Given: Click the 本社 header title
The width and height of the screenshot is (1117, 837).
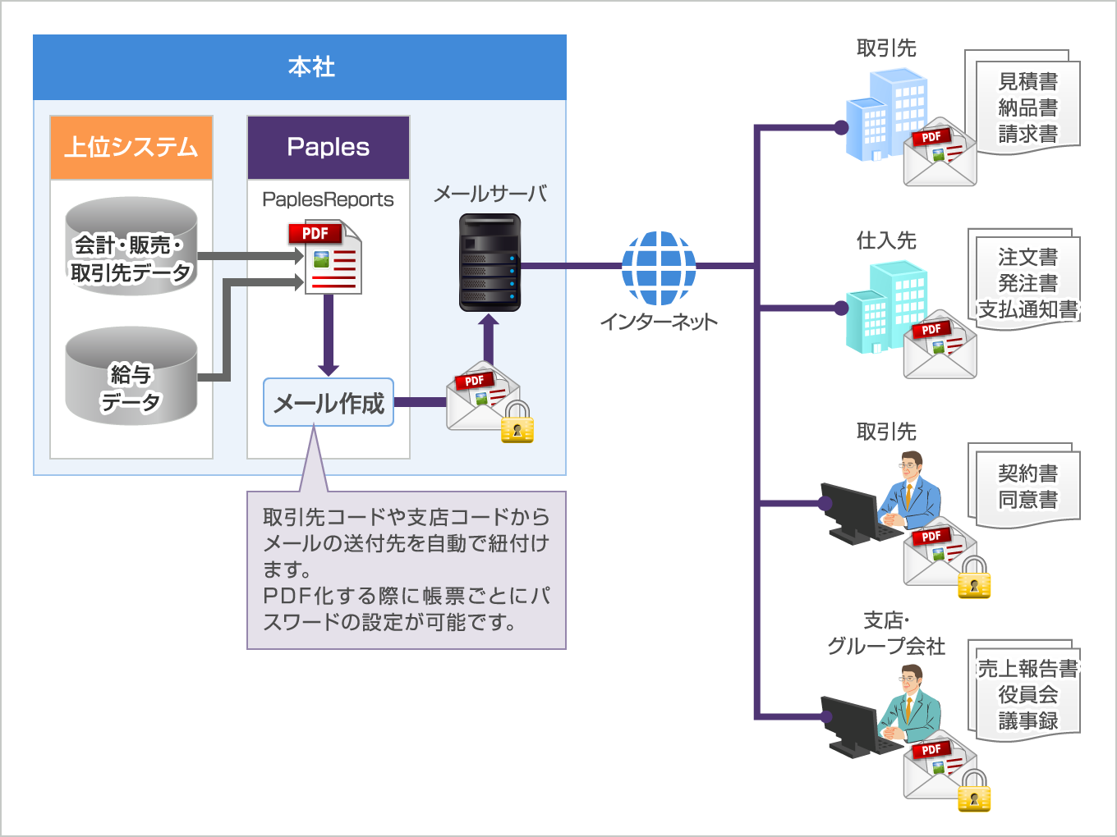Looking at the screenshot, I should pyautogui.click(x=311, y=66).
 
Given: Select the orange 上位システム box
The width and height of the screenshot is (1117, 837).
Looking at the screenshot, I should pyautogui.click(x=131, y=148).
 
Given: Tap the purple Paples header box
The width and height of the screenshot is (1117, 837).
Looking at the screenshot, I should pyautogui.click(x=329, y=148).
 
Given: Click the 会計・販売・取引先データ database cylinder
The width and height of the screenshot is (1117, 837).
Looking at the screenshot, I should pyautogui.click(x=131, y=246).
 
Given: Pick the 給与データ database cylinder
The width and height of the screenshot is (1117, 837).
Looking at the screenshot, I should pyautogui.click(x=131, y=377).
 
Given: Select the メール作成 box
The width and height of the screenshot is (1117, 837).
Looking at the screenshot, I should pyautogui.click(x=329, y=402).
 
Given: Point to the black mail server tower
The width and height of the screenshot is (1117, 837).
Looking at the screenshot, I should pyautogui.click(x=490, y=263).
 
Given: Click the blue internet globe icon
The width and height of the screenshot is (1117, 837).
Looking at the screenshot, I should pyautogui.click(x=659, y=268).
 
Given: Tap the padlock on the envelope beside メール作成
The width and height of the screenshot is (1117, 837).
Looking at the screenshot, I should pyautogui.click(x=517, y=423).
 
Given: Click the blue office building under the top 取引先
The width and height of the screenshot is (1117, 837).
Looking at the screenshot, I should pyautogui.click(x=887, y=115).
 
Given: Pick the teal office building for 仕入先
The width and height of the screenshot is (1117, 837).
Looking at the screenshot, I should pyautogui.click(x=887, y=308).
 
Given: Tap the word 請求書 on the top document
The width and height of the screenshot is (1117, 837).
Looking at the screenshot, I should pyautogui.click(x=1027, y=134).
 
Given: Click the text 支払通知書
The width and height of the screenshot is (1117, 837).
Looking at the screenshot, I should pyautogui.click(x=1027, y=309).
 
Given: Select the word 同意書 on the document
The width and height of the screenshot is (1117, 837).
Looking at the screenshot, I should pyautogui.click(x=1027, y=499).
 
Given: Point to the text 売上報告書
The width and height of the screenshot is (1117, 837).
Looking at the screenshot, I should pyautogui.click(x=1027, y=669).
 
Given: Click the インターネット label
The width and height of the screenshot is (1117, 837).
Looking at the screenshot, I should pyautogui.click(x=659, y=322).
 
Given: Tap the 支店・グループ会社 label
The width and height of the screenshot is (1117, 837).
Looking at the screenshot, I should pyautogui.click(x=886, y=633).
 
